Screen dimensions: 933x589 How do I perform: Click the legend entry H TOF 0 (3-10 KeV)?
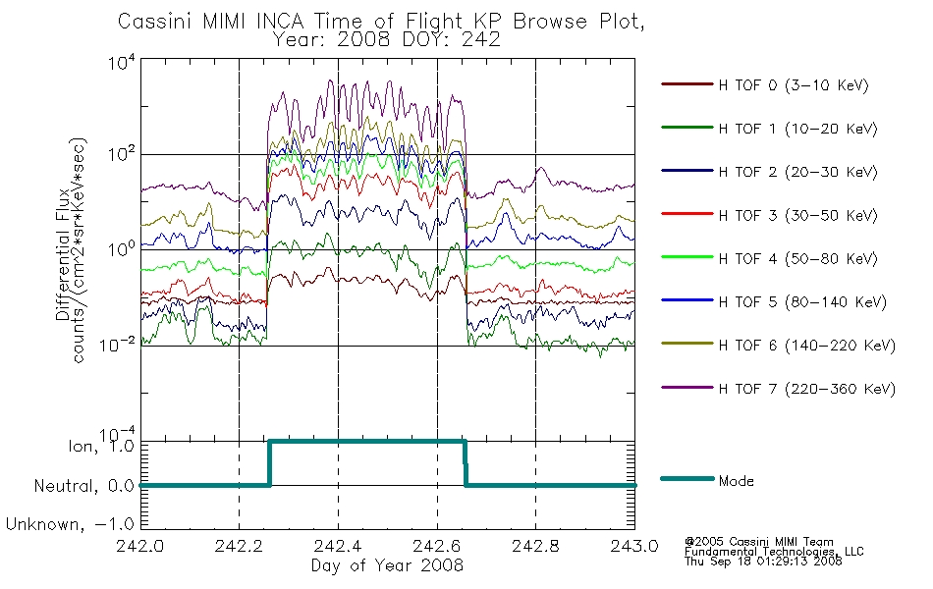point(794,85)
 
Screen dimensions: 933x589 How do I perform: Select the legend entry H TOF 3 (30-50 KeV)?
point(797,215)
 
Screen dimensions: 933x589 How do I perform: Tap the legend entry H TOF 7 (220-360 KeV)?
point(806,389)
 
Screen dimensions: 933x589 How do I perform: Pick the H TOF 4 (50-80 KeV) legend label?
point(797,259)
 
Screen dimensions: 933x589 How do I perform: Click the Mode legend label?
point(736,481)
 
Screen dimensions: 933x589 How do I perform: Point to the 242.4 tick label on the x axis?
point(338,546)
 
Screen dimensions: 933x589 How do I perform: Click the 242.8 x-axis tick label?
point(535,546)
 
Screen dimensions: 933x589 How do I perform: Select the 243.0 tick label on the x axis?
point(634,546)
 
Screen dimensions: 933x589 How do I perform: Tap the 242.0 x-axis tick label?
point(140,546)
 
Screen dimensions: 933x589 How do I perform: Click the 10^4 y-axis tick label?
point(122,62)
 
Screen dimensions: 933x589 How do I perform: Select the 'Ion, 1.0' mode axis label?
point(101,446)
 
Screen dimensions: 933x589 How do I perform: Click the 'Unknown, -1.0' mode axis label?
point(70,524)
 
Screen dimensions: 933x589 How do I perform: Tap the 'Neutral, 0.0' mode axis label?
point(83,486)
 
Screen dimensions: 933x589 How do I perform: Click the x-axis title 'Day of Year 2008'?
point(387,565)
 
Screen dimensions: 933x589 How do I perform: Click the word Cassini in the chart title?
point(155,22)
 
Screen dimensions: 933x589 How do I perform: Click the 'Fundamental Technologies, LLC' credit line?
point(774,552)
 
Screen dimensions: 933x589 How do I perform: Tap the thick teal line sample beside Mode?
point(687,478)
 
